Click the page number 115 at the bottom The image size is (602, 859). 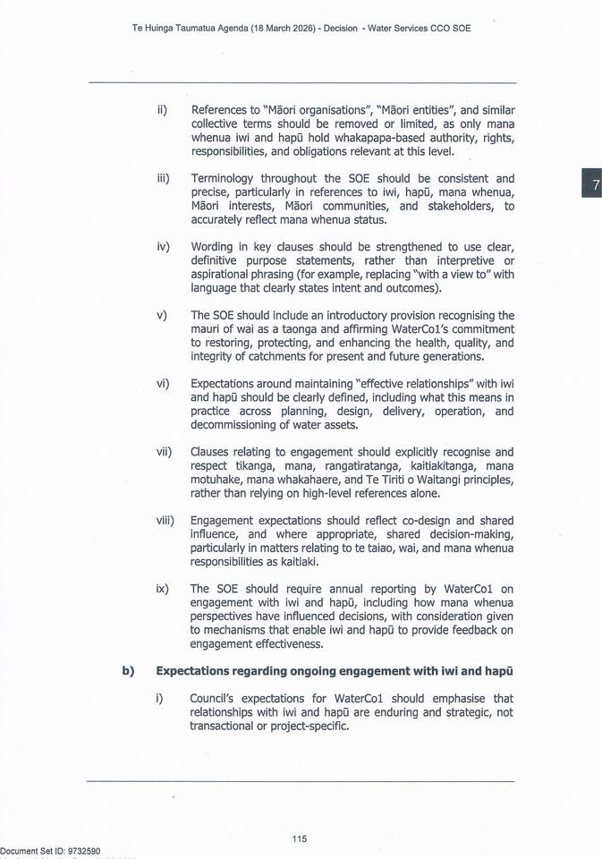point(300,838)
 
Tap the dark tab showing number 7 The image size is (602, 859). point(592,185)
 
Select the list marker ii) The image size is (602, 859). point(162,110)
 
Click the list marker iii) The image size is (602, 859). point(163,179)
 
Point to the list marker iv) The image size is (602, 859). point(163,246)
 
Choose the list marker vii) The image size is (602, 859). point(164,452)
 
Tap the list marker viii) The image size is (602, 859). point(165,520)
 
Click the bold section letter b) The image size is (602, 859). point(128,671)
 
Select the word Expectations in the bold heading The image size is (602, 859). point(197,671)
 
